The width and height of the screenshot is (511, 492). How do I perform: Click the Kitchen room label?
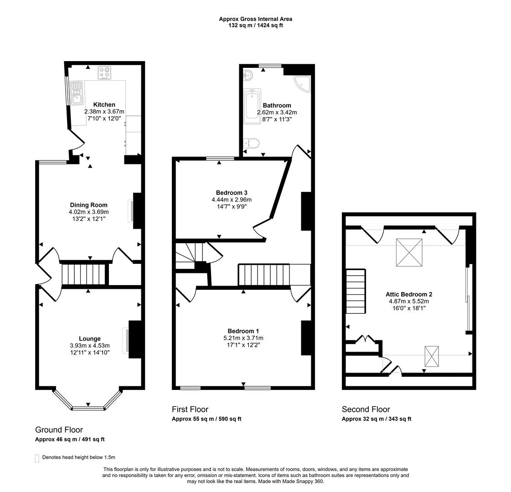(x=104, y=105)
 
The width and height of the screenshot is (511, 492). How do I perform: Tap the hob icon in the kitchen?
(x=104, y=72)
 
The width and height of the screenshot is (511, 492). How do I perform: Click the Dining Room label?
(x=88, y=205)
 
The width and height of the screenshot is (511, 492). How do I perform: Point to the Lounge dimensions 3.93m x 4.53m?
(x=90, y=346)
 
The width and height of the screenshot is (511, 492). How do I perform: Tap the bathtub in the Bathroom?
(x=251, y=107)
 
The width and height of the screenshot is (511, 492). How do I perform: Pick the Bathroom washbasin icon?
(x=249, y=75)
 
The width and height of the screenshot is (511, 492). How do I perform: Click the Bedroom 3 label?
(x=232, y=193)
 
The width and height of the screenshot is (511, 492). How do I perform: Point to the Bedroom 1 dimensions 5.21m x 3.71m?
(x=243, y=338)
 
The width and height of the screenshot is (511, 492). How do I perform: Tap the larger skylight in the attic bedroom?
(x=409, y=252)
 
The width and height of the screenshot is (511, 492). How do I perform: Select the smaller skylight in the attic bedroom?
(x=432, y=356)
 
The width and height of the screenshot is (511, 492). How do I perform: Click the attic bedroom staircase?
(x=356, y=291)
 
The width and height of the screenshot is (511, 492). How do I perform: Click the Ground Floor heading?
(x=59, y=430)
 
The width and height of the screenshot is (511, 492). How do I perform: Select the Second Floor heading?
(x=366, y=409)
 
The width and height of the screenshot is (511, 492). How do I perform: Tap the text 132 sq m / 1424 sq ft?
(x=256, y=26)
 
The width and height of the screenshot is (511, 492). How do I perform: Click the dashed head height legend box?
(x=37, y=458)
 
